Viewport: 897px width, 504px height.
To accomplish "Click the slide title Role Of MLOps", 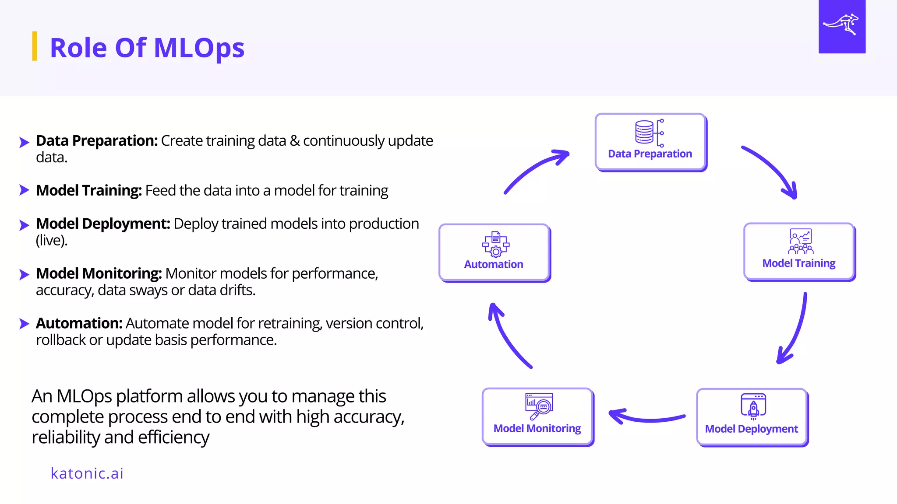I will [147, 48].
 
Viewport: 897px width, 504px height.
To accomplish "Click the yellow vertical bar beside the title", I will [35, 46].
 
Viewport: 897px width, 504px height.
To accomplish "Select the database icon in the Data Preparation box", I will [644, 132].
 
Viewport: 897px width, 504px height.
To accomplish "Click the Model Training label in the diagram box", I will [798, 263].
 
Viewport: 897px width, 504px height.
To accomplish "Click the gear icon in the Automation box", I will [496, 252].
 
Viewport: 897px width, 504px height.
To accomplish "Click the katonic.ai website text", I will [87, 473].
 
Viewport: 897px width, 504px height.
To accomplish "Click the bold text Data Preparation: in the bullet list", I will [97, 141].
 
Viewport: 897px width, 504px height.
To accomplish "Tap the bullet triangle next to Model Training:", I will [24, 190].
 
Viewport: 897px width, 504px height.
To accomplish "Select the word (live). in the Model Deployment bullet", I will [52, 240].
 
